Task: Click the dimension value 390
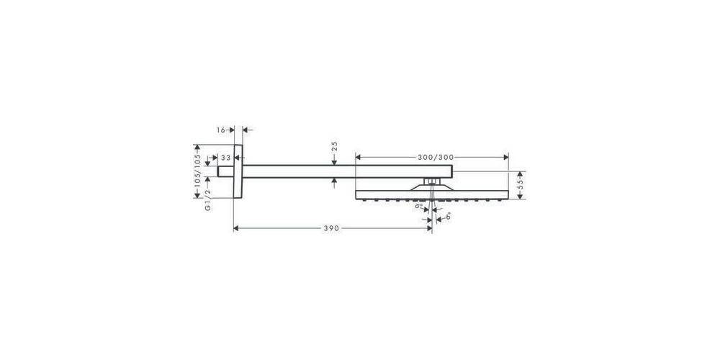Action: point(330,228)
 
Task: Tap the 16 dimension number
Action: point(221,130)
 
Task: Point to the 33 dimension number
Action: point(225,157)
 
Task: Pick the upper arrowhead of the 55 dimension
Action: point(521,174)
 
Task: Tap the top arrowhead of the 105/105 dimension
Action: point(196,145)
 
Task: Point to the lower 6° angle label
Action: point(448,214)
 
